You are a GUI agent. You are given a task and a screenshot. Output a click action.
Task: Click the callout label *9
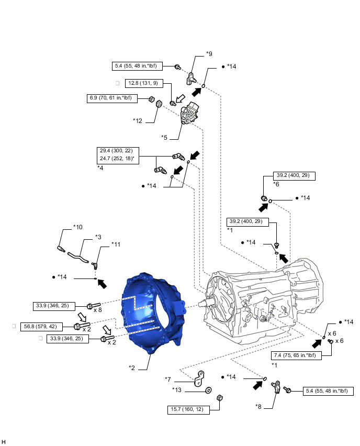tap(209, 54)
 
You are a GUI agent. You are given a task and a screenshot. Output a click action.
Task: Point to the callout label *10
tap(78, 228)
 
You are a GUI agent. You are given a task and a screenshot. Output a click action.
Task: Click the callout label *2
tap(132, 367)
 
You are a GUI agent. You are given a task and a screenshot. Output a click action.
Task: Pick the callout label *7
tap(168, 379)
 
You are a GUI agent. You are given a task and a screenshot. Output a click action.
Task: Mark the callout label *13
tap(178, 389)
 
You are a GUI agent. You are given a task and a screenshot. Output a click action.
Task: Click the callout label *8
tap(258, 406)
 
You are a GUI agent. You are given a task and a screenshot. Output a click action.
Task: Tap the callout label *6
tap(277, 185)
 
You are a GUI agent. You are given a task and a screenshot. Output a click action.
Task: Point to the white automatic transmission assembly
tap(262, 298)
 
